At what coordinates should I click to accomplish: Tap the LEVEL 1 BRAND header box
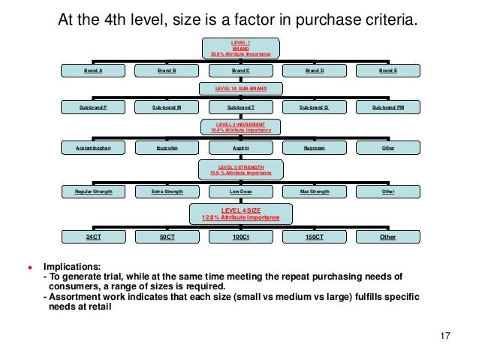pos(241,47)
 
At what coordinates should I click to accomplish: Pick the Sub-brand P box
pos(93,107)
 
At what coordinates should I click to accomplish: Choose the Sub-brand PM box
pos(387,107)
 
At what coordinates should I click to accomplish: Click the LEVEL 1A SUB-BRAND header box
pos(241,88)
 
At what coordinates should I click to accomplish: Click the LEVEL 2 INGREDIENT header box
pos(241,126)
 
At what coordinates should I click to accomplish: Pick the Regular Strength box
pos(93,192)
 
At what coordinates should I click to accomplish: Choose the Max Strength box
pos(314,192)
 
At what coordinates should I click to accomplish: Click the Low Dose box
pos(240,192)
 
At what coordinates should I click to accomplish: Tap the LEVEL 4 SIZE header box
pos(241,213)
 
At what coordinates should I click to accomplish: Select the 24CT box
pos(93,237)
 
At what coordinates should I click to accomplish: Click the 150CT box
pos(314,237)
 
